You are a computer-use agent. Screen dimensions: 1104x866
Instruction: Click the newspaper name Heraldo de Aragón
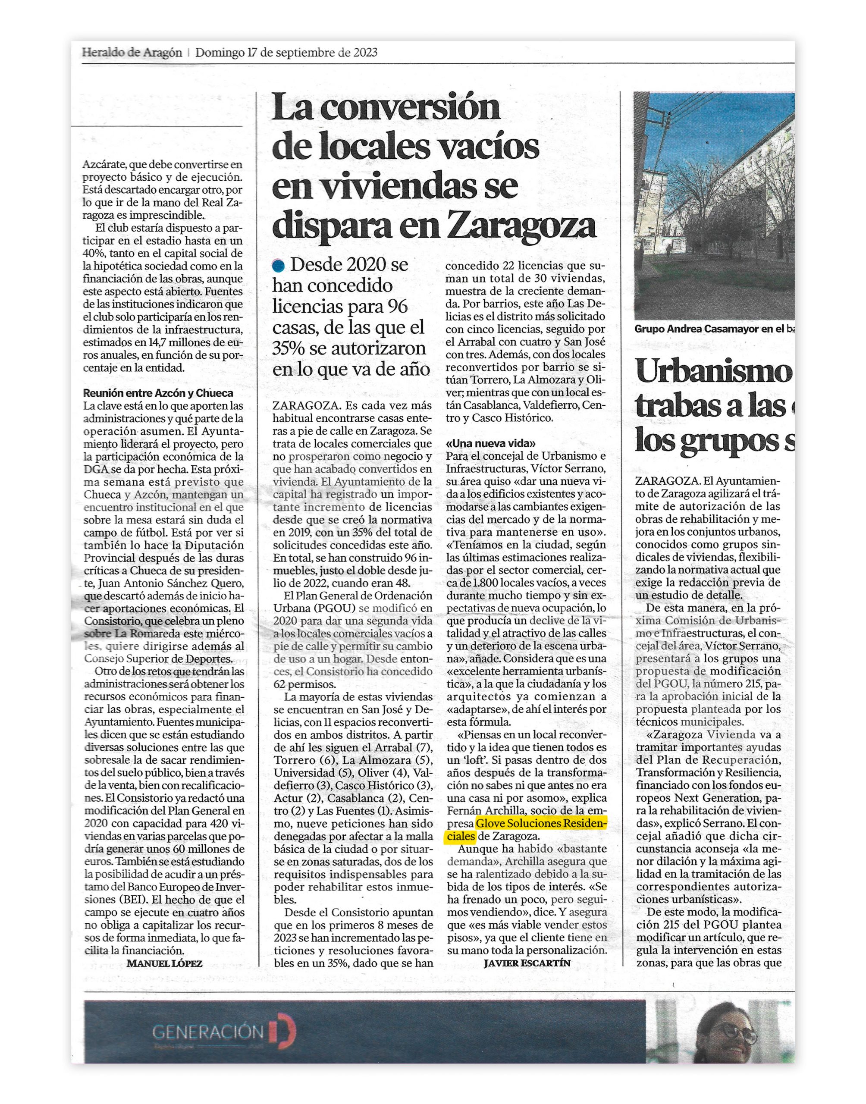[132, 52]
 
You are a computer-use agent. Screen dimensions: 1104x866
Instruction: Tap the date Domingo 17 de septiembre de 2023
[286, 52]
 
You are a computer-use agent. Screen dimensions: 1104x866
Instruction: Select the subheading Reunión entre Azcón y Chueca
[158, 393]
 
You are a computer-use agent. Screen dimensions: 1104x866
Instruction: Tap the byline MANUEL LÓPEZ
[164, 963]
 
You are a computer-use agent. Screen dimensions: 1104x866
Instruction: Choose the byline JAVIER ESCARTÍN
[527, 963]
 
